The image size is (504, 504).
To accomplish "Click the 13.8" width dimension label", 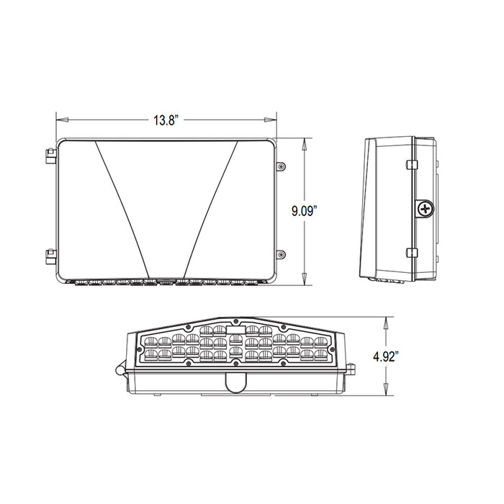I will tap(165, 121).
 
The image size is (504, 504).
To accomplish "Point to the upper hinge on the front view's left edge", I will tap(50, 156).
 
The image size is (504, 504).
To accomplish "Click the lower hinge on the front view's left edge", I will tap(50, 254).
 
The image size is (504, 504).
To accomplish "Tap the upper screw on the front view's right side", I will tap(281, 166).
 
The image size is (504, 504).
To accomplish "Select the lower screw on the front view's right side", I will tap(281, 253).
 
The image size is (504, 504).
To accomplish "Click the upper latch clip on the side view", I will tap(412, 165).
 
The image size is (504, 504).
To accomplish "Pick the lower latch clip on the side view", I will tap(412, 253).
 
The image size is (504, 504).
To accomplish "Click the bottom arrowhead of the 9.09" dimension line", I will tap(306, 280).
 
